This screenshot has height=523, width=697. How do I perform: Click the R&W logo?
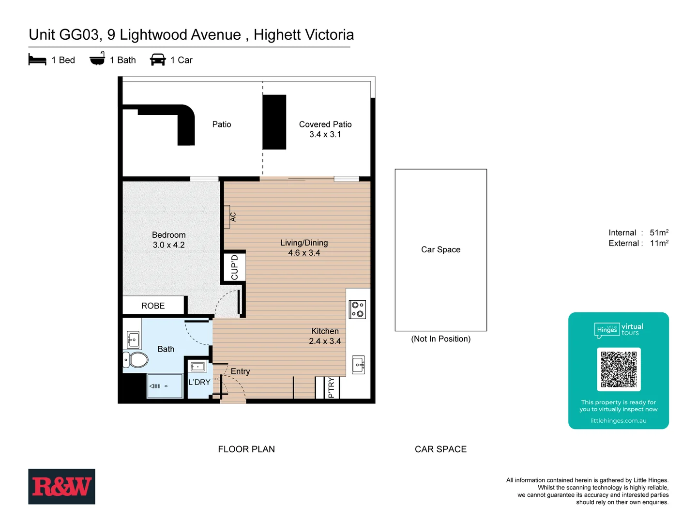pos(61,486)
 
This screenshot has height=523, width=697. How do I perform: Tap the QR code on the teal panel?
pos(619,369)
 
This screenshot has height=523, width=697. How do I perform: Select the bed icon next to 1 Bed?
pos(37,60)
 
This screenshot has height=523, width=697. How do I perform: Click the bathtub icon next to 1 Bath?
pos(97,59)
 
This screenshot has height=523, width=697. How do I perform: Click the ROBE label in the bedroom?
pos(153,306)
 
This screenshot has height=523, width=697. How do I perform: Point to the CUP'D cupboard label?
pos(235,267)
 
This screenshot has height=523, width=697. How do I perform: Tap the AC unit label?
pos(233,216)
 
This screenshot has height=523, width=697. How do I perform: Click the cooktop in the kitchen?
pos(358,309)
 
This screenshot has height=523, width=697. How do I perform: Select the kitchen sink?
pos(359,365)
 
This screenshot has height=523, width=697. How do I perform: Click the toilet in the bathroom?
pos(137,360)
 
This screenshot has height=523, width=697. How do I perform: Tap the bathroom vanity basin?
pos(133,339)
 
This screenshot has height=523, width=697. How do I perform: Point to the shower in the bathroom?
pos(165,386)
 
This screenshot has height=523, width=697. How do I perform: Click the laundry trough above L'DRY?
pos(198,367)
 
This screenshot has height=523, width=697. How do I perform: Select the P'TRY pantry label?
pos(332,387)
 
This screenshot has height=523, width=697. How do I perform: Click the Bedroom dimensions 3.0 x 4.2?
pos(168,245)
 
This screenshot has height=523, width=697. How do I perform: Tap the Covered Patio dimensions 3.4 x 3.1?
pos(325,135)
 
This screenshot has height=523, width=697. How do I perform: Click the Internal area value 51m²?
pos(659,232)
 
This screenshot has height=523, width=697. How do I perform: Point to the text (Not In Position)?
pos(440,339)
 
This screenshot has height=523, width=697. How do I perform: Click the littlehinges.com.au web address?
pos(618,421)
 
